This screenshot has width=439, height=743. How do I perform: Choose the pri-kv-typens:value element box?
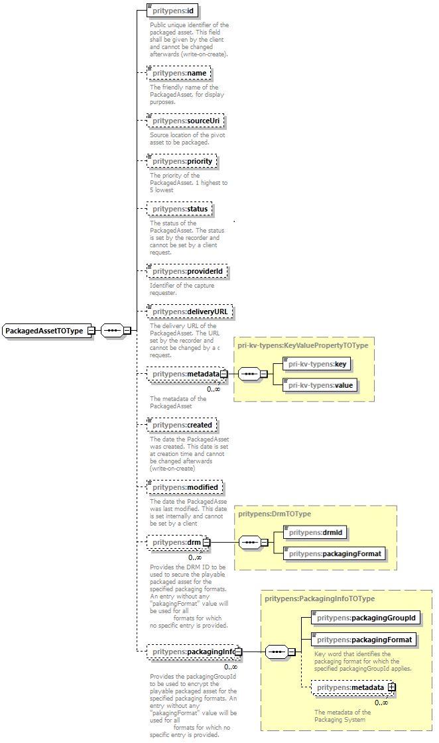pos(316,385)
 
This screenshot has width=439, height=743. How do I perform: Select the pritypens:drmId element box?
pos(316,532)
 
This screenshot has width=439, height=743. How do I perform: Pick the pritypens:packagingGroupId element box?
pos(365,618)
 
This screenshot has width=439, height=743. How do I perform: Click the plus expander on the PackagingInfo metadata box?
pos(392,688)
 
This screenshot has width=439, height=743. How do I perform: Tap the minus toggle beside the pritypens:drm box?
pos(206,543)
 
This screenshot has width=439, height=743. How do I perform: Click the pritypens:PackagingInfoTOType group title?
pos(319,599)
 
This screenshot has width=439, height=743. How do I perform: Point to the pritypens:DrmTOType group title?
pos(274,514)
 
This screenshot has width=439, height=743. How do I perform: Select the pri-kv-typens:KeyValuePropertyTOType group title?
pos(302,345)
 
